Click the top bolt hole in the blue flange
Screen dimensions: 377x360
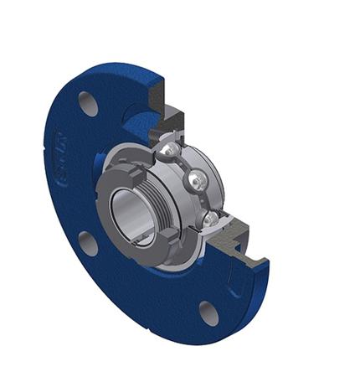pos(88,103)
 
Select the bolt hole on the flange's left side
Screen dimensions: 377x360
pos(87,243)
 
